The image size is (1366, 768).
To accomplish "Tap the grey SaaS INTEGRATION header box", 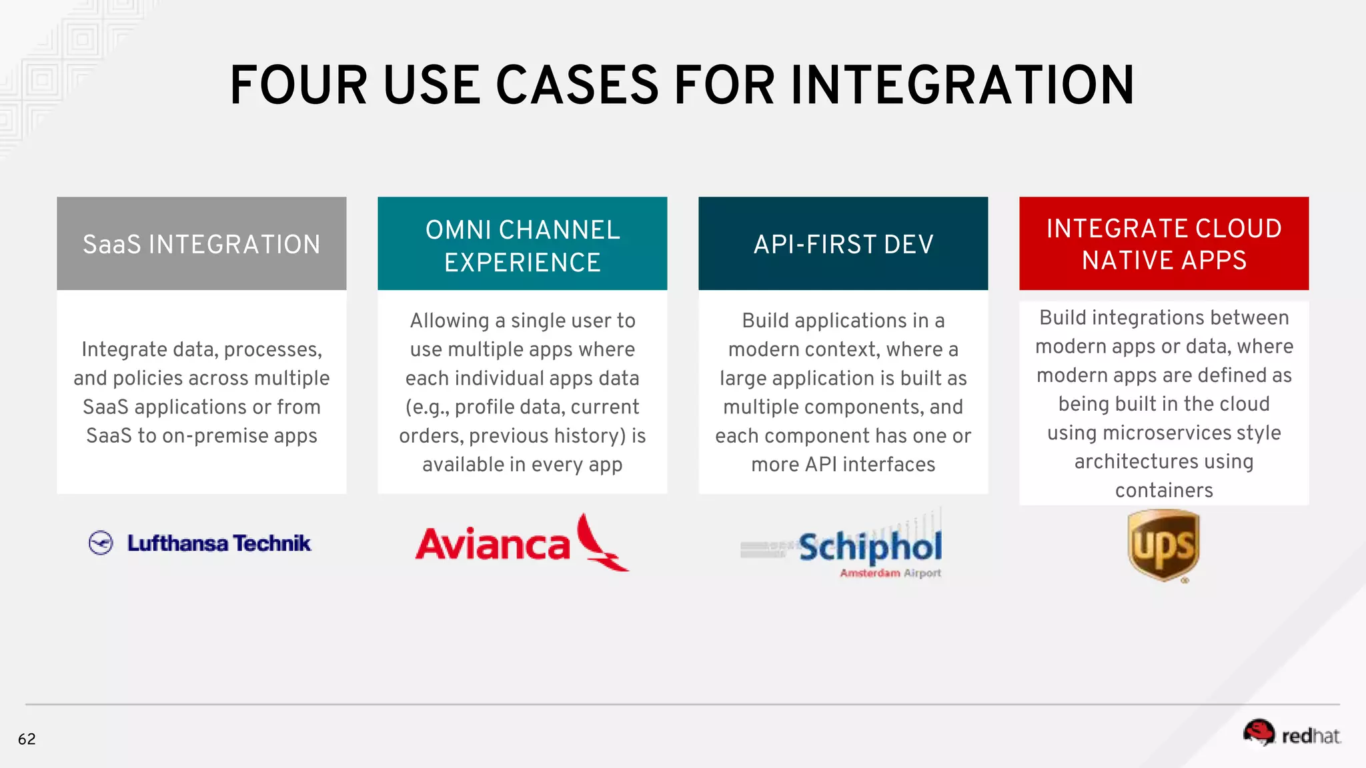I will click(x=201, y=243).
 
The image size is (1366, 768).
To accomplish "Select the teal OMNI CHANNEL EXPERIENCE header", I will click(x=522, y=244).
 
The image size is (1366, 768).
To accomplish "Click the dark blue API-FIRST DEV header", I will click(x=843, y=243).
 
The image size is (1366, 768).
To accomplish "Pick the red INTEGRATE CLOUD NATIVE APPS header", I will click(x=1164, y=243).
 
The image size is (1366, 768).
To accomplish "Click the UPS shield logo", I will click(x=1164, y=545).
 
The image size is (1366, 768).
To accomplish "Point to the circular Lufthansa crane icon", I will click(x=101, y=543).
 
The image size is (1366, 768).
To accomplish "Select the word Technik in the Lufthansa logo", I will click(x=272, y=543).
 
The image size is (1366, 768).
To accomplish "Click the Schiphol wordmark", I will click(x=870, y=547).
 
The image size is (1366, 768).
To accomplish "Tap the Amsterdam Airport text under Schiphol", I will click(x=890, y=573).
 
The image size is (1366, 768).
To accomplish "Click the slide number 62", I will click(x=27, y=739).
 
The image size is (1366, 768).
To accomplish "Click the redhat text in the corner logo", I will click(x=1310, y=736).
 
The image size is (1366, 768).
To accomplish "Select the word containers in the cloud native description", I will click(x=1164, y=491).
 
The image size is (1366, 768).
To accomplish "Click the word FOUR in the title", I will click(x=298, y=85).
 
